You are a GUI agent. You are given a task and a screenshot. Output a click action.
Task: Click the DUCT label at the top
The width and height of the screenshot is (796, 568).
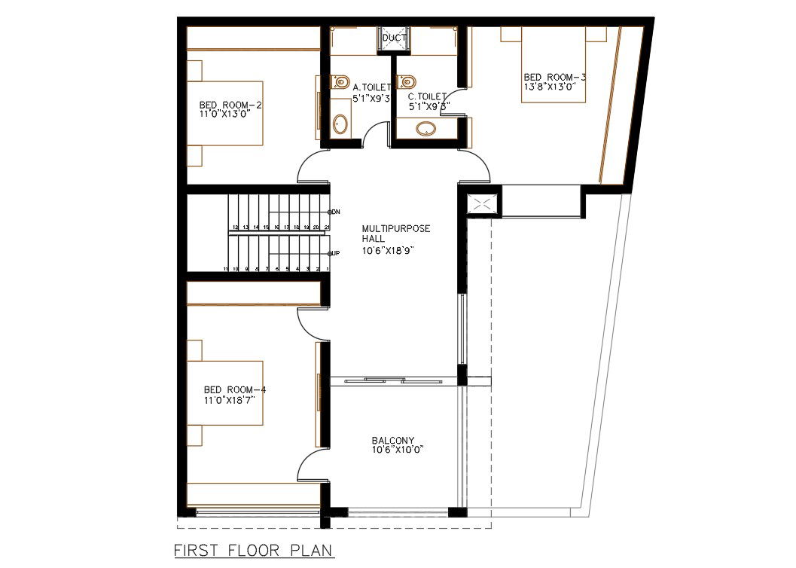(x=394, y=38)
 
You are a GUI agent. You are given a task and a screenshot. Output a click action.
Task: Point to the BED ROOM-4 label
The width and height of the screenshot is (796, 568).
(x=235, y=389)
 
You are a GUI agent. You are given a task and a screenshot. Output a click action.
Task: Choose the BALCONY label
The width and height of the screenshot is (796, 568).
(x=392, y=441)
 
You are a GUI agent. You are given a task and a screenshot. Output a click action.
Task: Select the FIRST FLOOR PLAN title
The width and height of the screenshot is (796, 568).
(x=254, y=551)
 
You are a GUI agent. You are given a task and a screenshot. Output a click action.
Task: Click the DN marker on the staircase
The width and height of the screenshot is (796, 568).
(x=335, y=212)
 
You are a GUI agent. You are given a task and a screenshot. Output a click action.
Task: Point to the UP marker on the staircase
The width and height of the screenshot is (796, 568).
(x=335, y=253)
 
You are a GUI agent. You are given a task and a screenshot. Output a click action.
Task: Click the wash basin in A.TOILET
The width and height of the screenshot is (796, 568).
(x=341, y=124)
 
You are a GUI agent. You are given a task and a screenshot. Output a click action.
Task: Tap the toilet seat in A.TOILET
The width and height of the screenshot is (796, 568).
(x=341, y=80)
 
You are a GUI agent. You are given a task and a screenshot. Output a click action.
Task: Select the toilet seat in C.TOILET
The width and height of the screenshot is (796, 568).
(x=409, y=80)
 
